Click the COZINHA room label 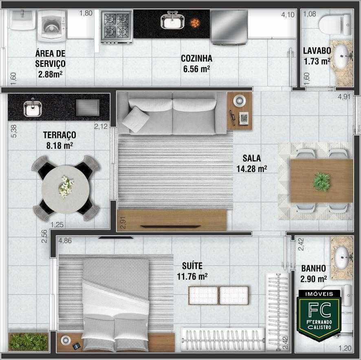[x=196, y=58]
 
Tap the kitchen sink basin [x=172, y=22]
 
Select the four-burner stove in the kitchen [x=117, y=26]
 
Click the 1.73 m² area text [x=317, y=62]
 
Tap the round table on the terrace [x=66, y=189]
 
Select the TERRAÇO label [x=59, y=135]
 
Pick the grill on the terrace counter [x=88, y=108]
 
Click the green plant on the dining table [x=321, y=182]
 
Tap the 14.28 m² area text [x=252, y=169]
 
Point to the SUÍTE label [x=192, y=266]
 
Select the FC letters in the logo [x=319, y=310]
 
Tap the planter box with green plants [x=29, y=342]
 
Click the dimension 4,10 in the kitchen [x=288, y=15]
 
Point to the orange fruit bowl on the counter [x=195, y=23]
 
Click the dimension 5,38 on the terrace [x=14, y=131]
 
